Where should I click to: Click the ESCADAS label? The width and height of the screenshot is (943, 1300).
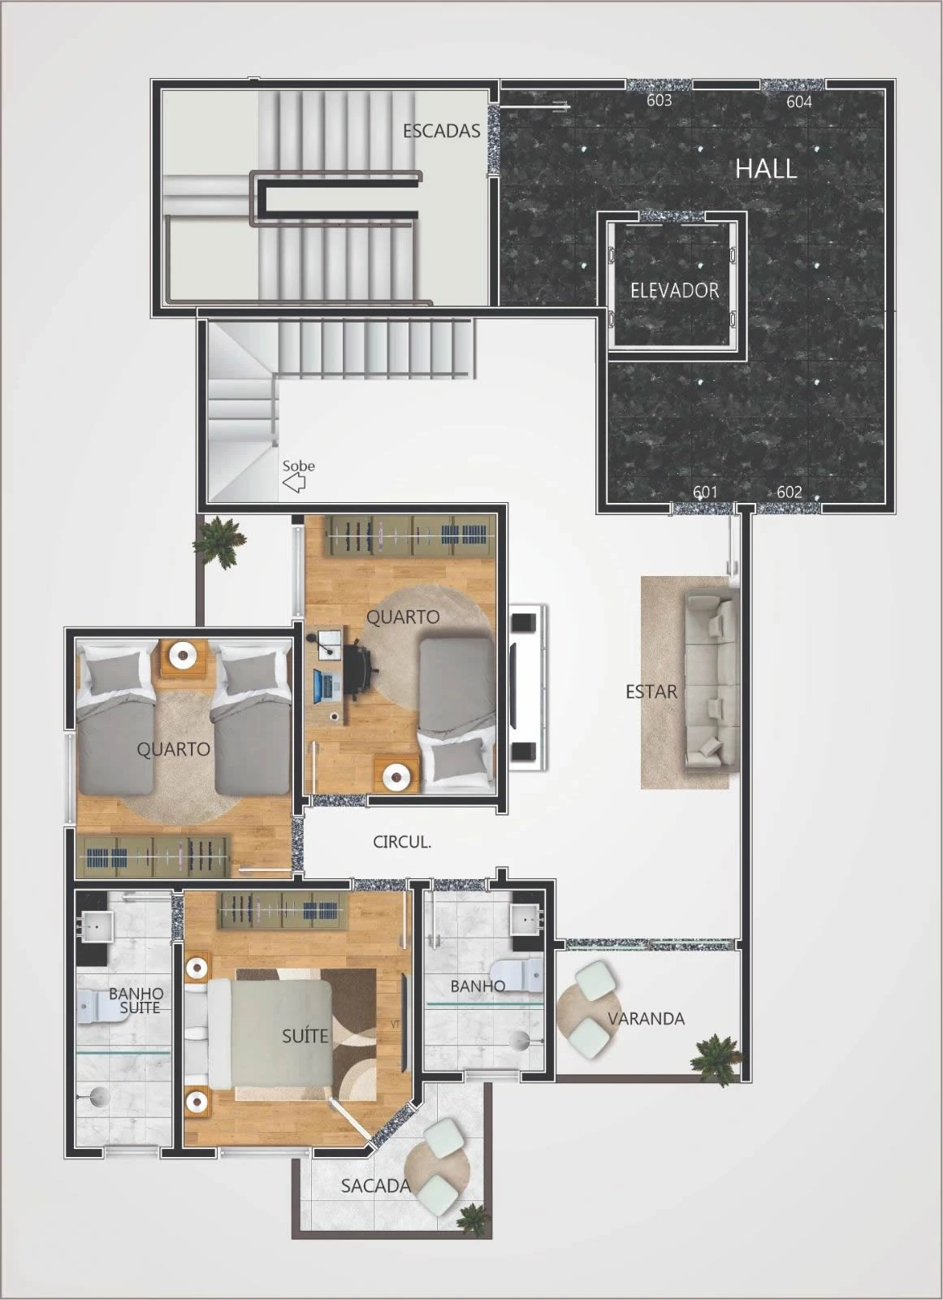pyautogui.click(x=442, y=131)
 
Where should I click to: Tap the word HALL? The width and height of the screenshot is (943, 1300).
pyautogui.click(x=766, y=169)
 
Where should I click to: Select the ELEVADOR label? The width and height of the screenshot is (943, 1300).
pyautogui.click(x=674, y=290)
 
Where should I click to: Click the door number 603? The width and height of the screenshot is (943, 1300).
pyautogui.click(x=660, y=101)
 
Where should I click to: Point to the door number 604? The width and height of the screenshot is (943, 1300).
pyautogui.click(x=799, y=102)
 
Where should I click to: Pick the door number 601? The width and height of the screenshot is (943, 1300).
pyautogui.click(x=705, y=492)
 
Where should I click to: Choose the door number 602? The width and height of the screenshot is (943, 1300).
pyautogui.click(x=789, y=492)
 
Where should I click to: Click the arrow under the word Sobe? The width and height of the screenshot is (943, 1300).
pyautogui.click(x=294, y=483)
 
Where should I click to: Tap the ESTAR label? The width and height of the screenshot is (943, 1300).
pyautogui.click(x=651, y=691)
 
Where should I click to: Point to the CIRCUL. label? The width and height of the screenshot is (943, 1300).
pyautogui.click(x=401, y=842)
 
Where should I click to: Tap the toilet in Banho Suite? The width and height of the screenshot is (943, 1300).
pyautogui.click(x=92, y=1007)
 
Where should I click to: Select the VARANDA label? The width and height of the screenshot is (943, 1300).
pyautogui.click(x=646, y=1019)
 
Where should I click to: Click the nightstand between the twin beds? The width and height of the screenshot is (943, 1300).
pyautogui.click(x=184, y=658)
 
